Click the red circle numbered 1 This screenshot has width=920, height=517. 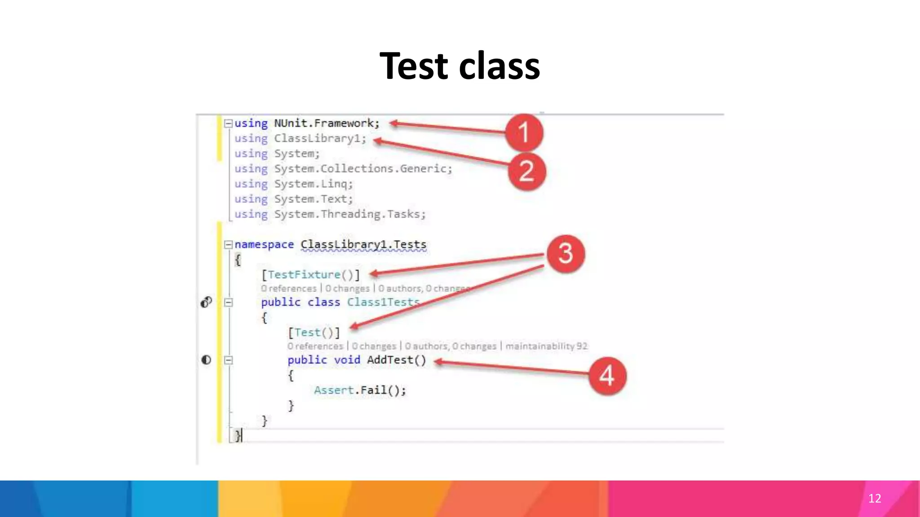(524, 132)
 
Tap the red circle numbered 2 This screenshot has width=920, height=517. (526, 171)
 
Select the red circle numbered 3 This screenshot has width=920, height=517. (566, 254)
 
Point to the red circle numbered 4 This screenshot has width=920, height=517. (607, 376)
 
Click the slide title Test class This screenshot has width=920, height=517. (460, 66)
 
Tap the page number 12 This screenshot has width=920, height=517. (874, 499)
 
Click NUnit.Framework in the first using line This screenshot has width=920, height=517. (326, 123)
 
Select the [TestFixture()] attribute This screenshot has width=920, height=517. (310, 275)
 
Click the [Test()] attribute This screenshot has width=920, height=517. (314, 333)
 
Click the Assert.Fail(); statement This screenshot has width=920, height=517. (360, 390)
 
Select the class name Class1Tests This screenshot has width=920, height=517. (383, 302)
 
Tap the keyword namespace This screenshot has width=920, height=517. (264, 245)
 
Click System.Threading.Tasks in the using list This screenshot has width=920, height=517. (349, 215)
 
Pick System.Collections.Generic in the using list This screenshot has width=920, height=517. (363, 169)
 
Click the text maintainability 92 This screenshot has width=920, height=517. (546, 346)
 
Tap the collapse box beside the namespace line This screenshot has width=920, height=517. (228, 245)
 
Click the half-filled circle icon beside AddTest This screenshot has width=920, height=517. (206, 360)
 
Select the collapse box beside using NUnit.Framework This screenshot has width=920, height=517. (228, 123)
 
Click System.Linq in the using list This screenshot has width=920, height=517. (313, 184)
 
